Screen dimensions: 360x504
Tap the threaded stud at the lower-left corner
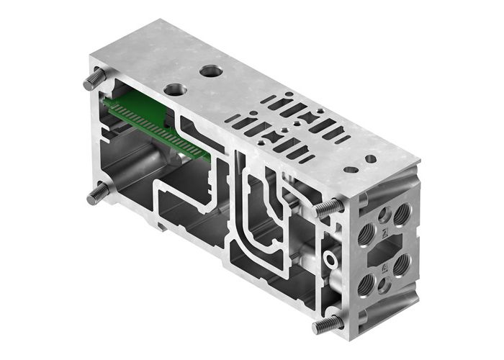[x=99, y=192]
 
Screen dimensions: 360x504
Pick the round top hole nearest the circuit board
[x=174, y=90]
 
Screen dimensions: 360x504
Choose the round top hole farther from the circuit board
[x=211, y=71]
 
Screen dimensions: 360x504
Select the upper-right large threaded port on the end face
[x=402, y=212]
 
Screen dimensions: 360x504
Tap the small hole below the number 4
[x=384, y=284]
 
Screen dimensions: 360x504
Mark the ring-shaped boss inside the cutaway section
[x=332, y=258]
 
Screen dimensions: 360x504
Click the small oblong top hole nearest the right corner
[x=370, y=158]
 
